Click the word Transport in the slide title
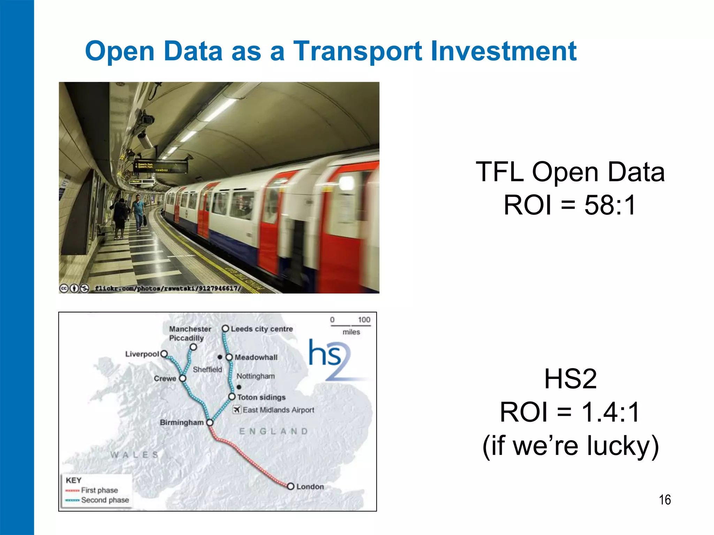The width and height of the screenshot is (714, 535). tap(357, 52)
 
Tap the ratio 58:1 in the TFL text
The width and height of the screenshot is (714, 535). tap(610, 205)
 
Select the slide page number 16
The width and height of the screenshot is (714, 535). tap(664, 500)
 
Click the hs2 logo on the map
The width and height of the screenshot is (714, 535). tap(329, 359)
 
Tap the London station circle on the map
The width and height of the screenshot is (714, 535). tap(290, 486)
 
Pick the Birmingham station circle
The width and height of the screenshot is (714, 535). tap(210, 422)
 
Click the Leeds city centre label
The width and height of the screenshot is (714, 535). tap(261, 329)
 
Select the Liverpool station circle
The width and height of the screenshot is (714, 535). tap(164, 354)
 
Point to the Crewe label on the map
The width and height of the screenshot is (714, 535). tap(165, 379)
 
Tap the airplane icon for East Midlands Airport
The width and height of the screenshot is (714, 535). tap(237, 410)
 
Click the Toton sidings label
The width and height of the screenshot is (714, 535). tap(261, 397)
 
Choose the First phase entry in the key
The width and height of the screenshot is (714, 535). tap(99, 490)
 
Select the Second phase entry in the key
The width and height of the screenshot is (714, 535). tap(105, 500)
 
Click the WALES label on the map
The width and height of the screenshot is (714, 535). tap(135, 455)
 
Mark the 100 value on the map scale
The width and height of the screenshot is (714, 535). tap(364, 320)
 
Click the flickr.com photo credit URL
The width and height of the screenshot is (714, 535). tap(167, 288)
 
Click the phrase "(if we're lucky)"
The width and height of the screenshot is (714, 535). tap(570, 445)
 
